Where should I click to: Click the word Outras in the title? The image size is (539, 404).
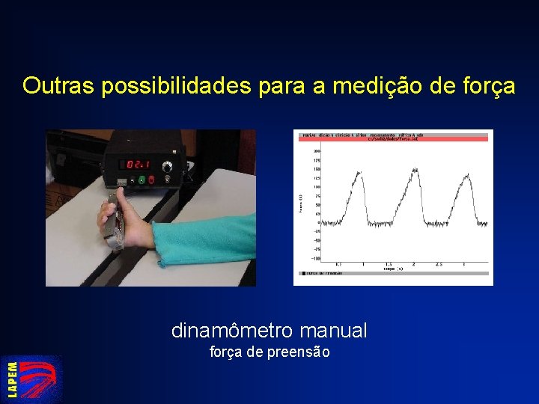coord(58,86)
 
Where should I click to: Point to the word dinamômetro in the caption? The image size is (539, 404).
coord(233,330)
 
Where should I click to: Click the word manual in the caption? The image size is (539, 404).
coord(334,330)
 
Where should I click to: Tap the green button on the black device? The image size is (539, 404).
coord(140,180)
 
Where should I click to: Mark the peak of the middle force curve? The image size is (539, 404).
coord(412,170)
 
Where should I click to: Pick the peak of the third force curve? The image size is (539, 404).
coord(466,176)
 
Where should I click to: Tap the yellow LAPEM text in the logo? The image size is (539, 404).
coord(13,379)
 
